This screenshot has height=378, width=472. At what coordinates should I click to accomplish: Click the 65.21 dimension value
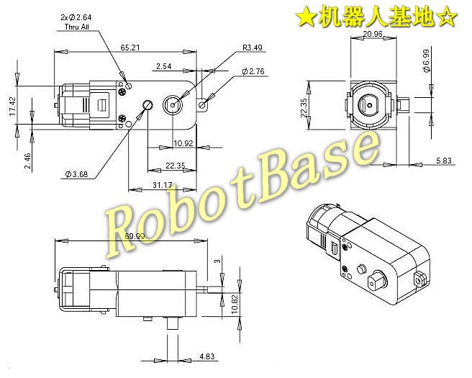pyautogui.click(x=130, y=48)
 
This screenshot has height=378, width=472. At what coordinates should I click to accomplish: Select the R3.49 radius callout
pyautogui.click(x=253, y=48)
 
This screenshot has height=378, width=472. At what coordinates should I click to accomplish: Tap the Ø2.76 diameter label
pyautogui.click(x=253, y=71)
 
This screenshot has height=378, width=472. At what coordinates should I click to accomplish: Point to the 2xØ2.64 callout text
pyautogui.click(x=76, y=17)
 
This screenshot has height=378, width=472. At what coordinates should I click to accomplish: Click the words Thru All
pyautogui.click(x=77, y=27)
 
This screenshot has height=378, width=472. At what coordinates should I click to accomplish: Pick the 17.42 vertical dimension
pyautogui.click(x=12, y=106)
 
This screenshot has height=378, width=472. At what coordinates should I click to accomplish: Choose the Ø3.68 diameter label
pyautogui.click(x=77, y=174)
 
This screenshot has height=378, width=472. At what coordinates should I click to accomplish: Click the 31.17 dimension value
pyautogui.click(x=163, y=184)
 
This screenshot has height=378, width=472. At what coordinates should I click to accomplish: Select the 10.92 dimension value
pyautogui.click(x=183, y=143)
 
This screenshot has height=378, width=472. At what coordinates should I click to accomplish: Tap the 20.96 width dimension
pyautogui.click(x=373, y=34)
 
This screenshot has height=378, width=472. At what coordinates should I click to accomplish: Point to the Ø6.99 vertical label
pyautogui.click(x=426, y=60)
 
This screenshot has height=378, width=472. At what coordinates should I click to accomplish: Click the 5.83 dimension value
pyautogui.click(x=444, y=161)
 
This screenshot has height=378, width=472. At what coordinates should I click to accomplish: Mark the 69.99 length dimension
pyautogui.click(x=135, y=236)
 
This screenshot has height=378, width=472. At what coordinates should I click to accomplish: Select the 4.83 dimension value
pyautogui.click(x=207, y=356)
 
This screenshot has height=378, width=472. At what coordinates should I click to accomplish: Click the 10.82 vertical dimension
pyautogui.click(x=235, y=305)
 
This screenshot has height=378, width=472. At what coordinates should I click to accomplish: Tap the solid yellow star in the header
pyautogui.click(x=305, y=18)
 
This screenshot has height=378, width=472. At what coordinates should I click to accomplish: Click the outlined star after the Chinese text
pyautogui.click(x=448, y=18)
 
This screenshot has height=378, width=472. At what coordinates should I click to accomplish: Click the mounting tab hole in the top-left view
pyautogui.click(x=203, y=105)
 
